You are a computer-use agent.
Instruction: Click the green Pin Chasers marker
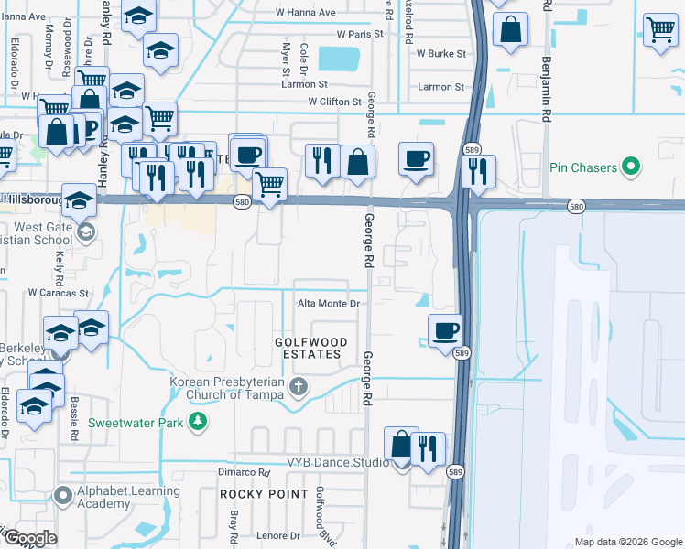coord(629,167)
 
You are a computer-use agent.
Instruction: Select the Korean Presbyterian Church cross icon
coord(298,388)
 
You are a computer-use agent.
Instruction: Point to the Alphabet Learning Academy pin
coord(62,496)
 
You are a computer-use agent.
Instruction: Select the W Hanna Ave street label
coord(308,13)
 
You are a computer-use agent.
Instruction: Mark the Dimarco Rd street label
coord(244,473)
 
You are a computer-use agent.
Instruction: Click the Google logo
coord(29,538)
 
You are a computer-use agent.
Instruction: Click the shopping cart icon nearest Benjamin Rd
coord(659,30)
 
